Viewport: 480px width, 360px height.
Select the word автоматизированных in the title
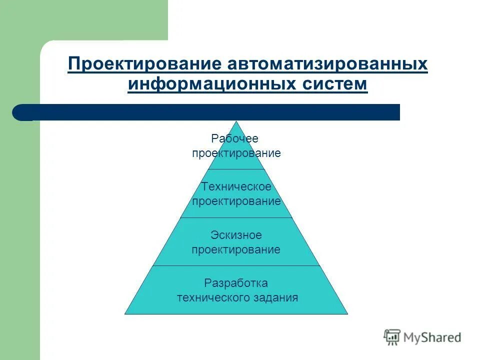click(327, 65)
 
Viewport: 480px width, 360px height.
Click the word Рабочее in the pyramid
click(234, 139)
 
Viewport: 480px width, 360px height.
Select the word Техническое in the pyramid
click(236, 187)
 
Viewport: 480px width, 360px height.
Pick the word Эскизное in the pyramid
click(236, 235)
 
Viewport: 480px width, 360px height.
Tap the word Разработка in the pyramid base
click(236, 283)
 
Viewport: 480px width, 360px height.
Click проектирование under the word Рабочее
click(236, 153)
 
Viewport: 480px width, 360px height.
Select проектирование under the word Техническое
click(236, 201)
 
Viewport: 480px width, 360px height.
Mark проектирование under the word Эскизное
click(236, 249)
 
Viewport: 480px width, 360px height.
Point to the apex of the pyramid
click(236, 122)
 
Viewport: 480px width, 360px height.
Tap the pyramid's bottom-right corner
click(347, 313)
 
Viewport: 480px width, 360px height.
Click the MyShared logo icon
click(392, 337)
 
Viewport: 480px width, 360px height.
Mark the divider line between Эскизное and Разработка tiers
click(236, 265)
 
